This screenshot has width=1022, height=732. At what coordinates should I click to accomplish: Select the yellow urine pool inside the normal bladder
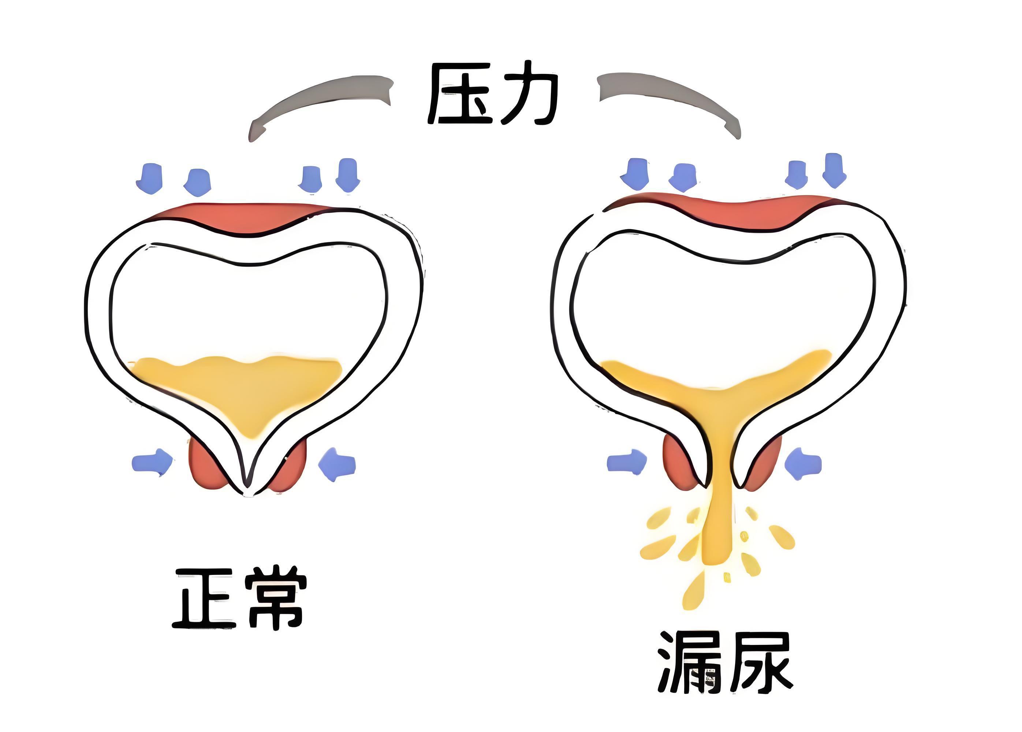(239, 387)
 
